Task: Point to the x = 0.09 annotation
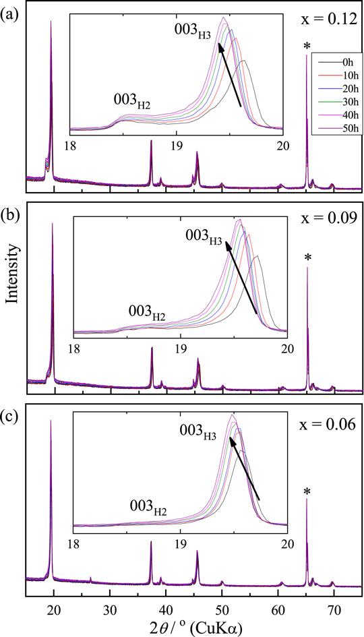click(x=326, y=220)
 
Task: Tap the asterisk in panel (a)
click(x=307, y=47)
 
